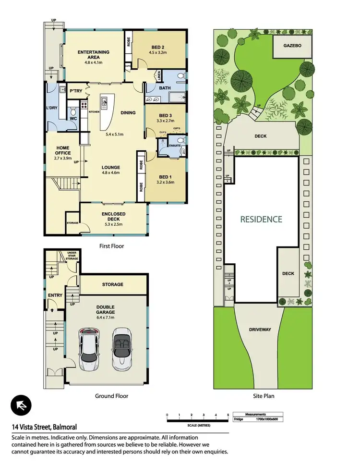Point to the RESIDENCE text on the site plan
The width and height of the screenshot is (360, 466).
tap(262, 219)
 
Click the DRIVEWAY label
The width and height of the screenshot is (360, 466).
tap(261, 330)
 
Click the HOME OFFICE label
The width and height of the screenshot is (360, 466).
tap(62, 150)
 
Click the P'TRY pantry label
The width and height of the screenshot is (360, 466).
tap(75, 91)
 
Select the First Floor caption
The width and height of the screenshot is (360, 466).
tap(111, 246)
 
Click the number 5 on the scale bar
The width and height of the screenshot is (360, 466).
tap(228, 414)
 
